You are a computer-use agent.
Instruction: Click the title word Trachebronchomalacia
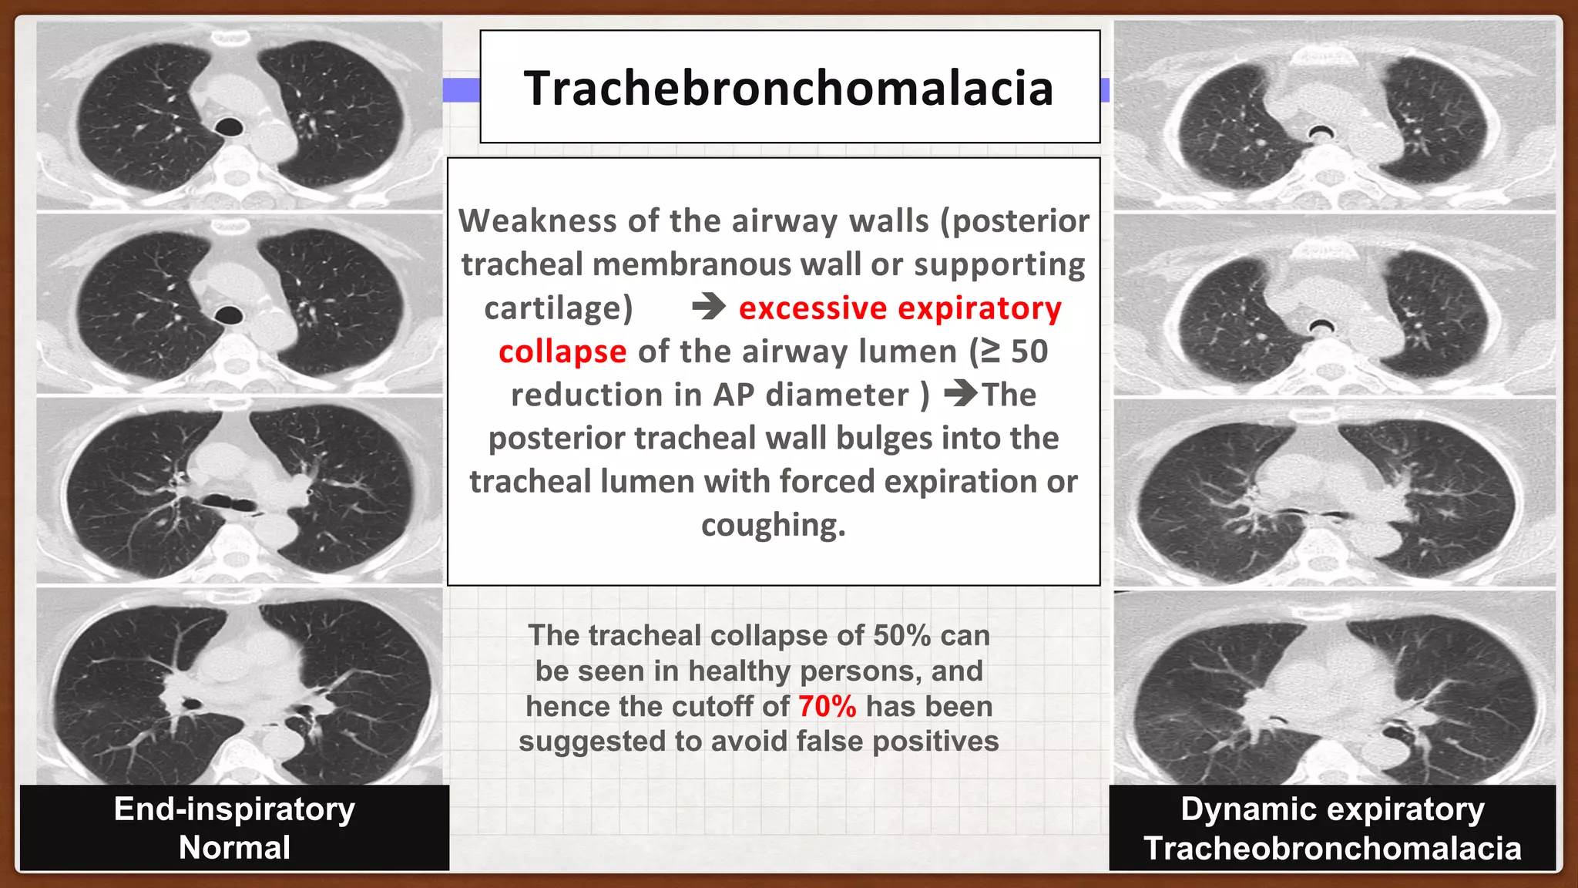point(788,88)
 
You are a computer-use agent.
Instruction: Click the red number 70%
point(827,706)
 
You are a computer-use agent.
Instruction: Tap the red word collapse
point(562,351)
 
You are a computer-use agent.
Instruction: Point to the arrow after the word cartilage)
point(708,307)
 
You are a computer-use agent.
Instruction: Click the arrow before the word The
point(960,394)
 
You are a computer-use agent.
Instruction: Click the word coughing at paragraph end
point(772,525)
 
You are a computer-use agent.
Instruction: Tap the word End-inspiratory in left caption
point(234,809)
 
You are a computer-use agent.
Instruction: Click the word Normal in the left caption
point(234,847)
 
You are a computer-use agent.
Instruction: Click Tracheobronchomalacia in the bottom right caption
point(1332,848)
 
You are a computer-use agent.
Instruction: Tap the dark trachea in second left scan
point(229,314)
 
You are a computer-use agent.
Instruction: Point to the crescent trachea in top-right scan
point(1321,132)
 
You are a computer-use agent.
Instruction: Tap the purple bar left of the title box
point(461,90)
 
